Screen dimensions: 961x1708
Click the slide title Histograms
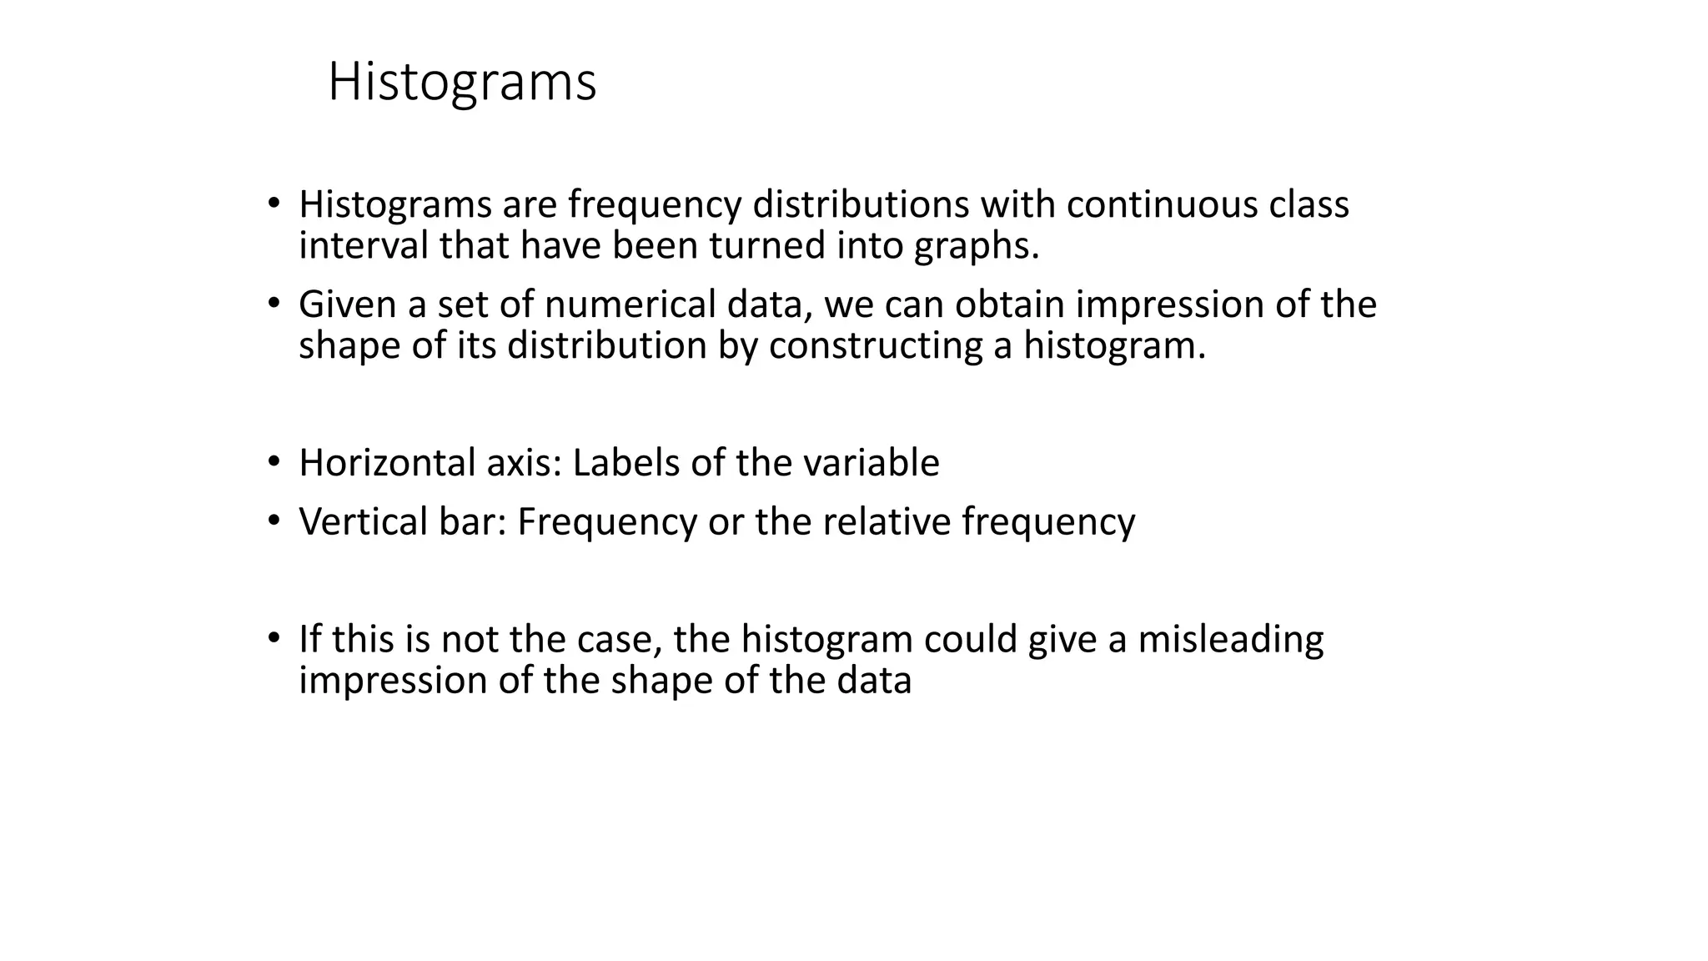[x=462, y=83]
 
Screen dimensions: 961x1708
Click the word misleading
[x=1230, y=640]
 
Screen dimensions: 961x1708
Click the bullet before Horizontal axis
[x=274, y=462]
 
